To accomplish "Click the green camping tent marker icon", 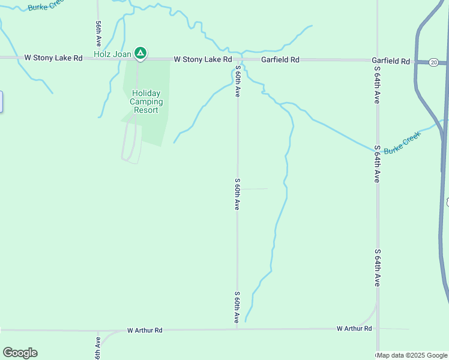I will (140, 54).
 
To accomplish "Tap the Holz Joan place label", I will (112, 55).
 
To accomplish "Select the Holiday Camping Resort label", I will (145, 101).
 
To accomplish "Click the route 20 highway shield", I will (433, 62).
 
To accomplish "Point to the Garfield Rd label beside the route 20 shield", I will (390, 61).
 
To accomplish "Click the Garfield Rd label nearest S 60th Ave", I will (280, 60).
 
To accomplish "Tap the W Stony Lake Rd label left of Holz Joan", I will (53, 58).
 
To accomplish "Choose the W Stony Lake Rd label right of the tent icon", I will (203, 59).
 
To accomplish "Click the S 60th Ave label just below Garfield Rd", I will (238, 83).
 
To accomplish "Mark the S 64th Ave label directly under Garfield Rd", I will (377, 86).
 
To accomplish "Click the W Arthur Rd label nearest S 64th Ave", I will (354, 328).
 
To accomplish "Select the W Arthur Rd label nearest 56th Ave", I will (145, 330).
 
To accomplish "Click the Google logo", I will (20, 353).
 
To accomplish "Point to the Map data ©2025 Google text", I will (412, 355).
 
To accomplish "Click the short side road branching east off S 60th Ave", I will (253, 189).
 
